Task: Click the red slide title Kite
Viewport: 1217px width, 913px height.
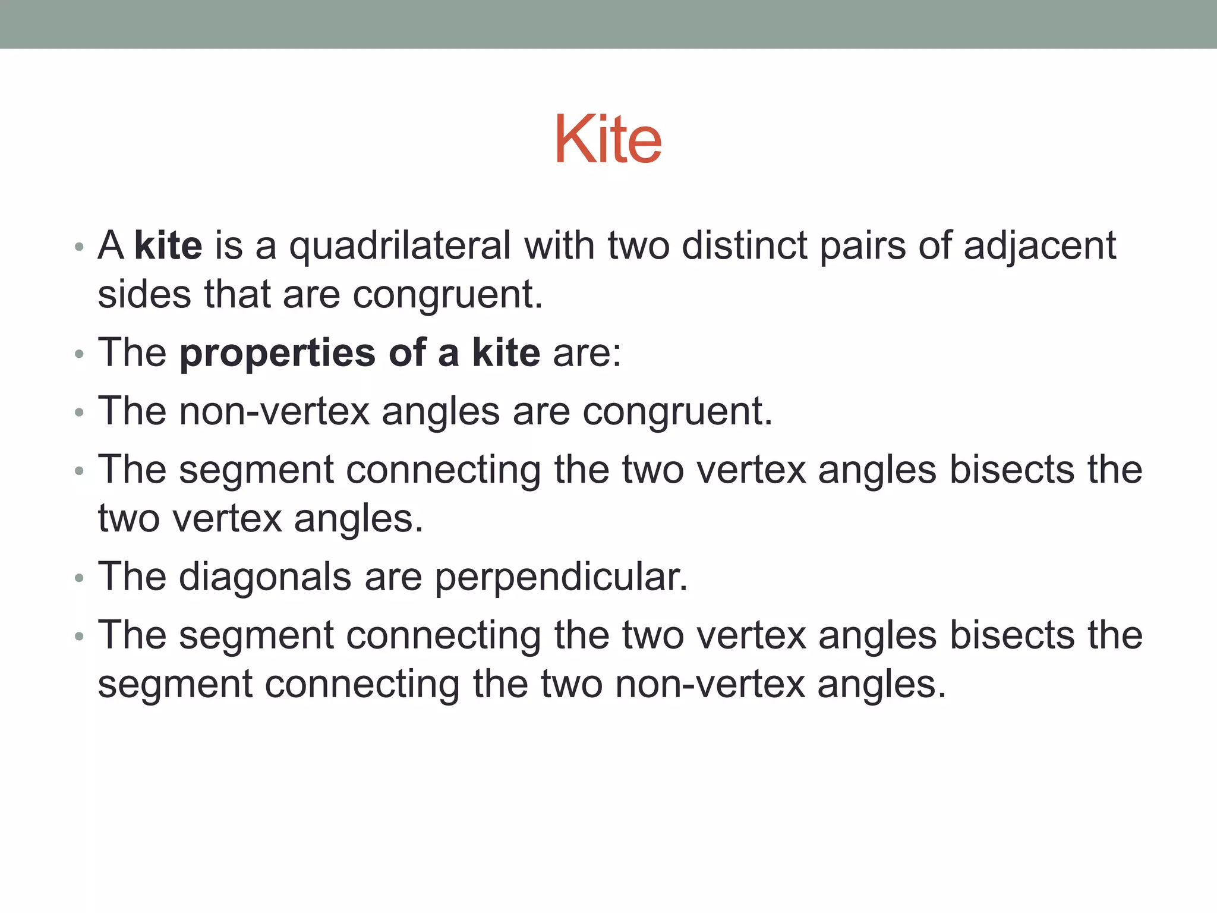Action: click(x=608, y=139)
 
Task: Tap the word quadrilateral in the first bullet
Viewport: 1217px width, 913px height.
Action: click(x=400, y=245)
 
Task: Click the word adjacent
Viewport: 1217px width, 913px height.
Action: click(x=1039, y=245)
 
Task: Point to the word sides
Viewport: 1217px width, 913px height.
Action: click(x=144, y=294)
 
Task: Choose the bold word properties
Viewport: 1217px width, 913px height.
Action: click(x=278, y=353)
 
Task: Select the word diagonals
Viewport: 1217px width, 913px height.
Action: click(x=265, y=577)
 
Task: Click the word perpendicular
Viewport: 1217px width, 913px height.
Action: click(x=561, y=577)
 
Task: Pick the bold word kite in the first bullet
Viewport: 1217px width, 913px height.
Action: click(x=168, y=245)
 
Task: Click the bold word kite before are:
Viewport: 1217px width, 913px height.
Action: click(x=506, y=353)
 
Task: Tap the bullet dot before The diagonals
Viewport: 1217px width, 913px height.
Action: click(x=80, y=578)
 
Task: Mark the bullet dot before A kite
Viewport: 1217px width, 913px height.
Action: click(x=80, y=247)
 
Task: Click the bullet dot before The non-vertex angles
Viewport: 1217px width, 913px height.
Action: click(x=80, y=413)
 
